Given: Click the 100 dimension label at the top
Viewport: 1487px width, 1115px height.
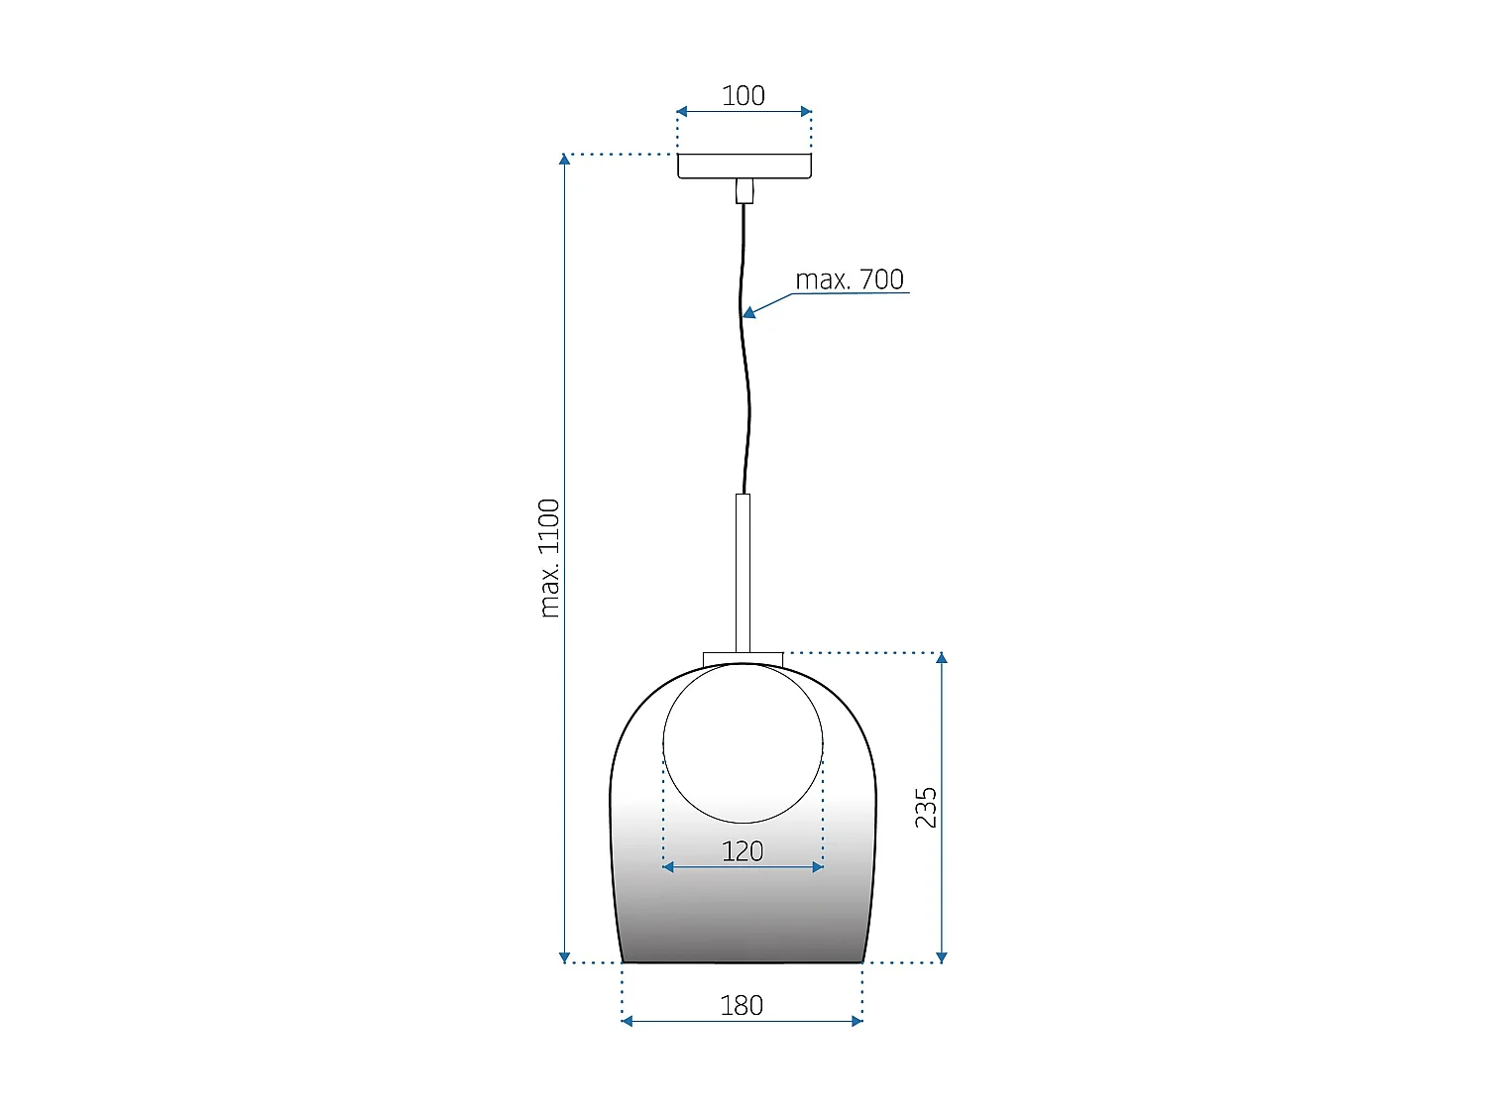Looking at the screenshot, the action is [x=743, y=95].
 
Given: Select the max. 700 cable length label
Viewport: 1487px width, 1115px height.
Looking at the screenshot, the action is [x=850, y=279].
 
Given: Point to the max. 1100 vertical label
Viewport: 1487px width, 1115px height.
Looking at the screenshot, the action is [x=549, y=558].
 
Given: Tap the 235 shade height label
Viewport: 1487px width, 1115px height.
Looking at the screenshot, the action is [x=925, y=808].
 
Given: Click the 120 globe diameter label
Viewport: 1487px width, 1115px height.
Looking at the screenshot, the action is [x=743, y=851].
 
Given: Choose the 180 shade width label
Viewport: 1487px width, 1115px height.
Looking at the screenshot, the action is [x=742, y=1006].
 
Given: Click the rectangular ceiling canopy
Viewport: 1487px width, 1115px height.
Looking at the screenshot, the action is [x=744, y=166].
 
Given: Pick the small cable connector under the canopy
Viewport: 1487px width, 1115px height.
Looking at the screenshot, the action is [x=744, y=190].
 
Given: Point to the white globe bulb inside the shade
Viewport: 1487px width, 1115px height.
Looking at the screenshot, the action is [x=743, y=743].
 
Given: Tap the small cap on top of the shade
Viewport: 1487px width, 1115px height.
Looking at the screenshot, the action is [x=743, y=659].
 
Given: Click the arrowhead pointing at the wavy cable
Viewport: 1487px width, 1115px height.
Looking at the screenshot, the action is [x=749, y=313].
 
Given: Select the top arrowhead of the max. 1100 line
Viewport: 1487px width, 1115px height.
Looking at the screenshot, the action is [x=564, y=160].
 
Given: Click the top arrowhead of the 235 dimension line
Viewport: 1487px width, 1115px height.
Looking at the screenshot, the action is [x=942, y=658].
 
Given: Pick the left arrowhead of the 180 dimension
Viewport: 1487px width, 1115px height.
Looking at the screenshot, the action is [x=627, y=1021].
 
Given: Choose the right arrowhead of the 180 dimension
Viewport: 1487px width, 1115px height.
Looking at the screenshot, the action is [x=858, y=1021].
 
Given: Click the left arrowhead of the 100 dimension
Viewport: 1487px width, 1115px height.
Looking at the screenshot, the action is [x=682, y=112].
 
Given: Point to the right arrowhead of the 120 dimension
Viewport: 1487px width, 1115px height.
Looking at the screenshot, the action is [x=818, y=867].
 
